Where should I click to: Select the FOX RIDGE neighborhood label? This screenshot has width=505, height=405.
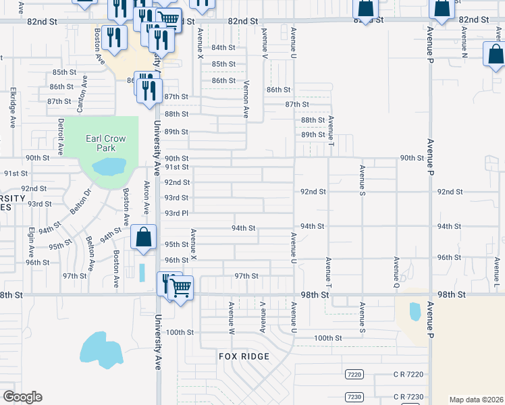pos(244,356)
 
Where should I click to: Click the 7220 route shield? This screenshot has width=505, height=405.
pos(354,374)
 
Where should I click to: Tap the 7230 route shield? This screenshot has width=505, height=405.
pos(354,396)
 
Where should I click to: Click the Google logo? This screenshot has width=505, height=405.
pos(22,397)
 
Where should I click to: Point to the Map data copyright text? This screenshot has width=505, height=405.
pos(475,400)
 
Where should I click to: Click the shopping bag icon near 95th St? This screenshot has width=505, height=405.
pos(143,238)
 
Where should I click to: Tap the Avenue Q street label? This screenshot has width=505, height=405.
pos(396,271)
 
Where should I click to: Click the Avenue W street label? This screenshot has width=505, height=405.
pos(231,317)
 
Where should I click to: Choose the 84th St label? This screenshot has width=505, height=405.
pos(223,48)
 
